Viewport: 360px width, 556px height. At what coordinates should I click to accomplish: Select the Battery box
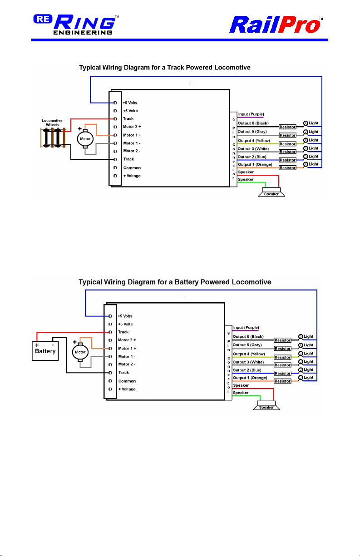coord(45,349)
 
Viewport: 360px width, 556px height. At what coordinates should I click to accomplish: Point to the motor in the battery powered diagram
coord(80,352)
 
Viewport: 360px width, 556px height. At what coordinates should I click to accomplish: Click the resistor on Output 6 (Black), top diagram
coord(287,128)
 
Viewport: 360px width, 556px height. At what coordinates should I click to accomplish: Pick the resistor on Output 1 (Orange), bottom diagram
coord(282,381)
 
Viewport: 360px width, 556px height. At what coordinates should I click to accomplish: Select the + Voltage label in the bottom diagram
coord(127,389)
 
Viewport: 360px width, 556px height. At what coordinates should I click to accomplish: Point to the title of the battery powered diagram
coord(175,282)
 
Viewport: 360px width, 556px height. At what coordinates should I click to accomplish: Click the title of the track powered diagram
coord(165,68)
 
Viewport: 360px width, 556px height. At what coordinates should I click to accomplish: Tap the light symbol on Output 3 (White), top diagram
coord(306,148)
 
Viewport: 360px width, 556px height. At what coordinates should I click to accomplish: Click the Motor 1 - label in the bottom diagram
coord(127,356)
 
